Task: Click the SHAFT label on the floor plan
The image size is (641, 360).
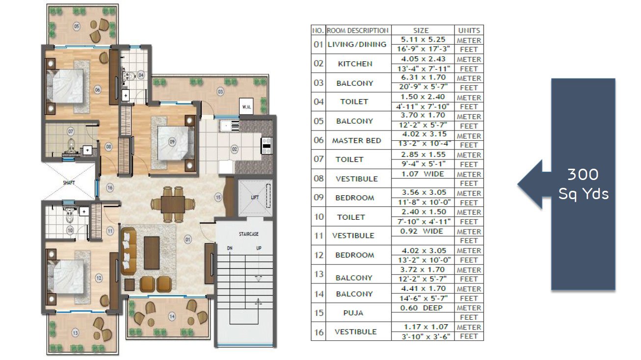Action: point(69,183)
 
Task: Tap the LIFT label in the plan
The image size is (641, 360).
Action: point(255,197)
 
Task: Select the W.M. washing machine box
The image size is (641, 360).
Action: point(246,106)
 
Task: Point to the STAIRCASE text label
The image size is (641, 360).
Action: point(249,234)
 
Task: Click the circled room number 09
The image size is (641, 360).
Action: point(172,142)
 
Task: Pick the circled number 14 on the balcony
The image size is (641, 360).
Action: point(172,316)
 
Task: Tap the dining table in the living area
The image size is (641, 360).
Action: point(173,204)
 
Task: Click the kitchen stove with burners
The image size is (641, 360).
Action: point(267,146)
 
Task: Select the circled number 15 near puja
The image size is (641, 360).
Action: point(218,197)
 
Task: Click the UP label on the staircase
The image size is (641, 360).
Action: point(259,248)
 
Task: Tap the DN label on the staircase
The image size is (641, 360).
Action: point(230,248)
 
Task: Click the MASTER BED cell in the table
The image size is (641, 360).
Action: point(356,141)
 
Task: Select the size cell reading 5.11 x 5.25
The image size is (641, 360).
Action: point(423,39)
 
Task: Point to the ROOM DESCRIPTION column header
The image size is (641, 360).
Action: point(358,30)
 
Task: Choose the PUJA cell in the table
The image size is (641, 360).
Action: point(353,313)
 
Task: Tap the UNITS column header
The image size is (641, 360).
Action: point(469,30)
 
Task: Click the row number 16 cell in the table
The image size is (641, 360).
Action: point(319,332)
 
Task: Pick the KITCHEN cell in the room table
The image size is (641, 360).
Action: point(355,64)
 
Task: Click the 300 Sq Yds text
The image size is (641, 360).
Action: point(583,184)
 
